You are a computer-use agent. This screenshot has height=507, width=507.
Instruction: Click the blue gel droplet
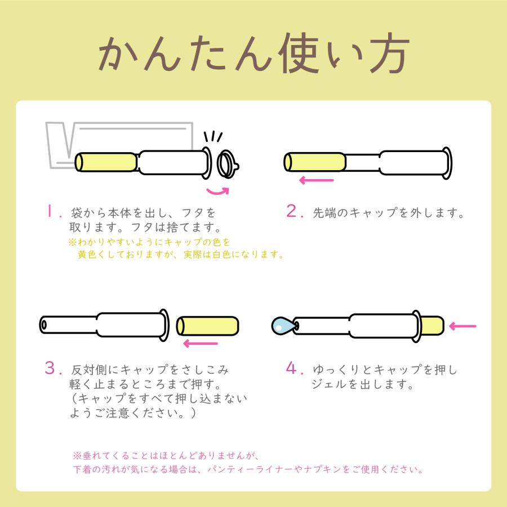coord(281,325)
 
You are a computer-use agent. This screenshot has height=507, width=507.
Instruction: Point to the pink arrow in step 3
coord(201,343)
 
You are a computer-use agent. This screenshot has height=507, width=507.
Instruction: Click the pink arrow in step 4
coord(463,326)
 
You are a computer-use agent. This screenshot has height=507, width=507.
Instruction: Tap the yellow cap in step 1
coord(106,162)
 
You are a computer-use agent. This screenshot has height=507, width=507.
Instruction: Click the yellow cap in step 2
coord(314,162)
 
